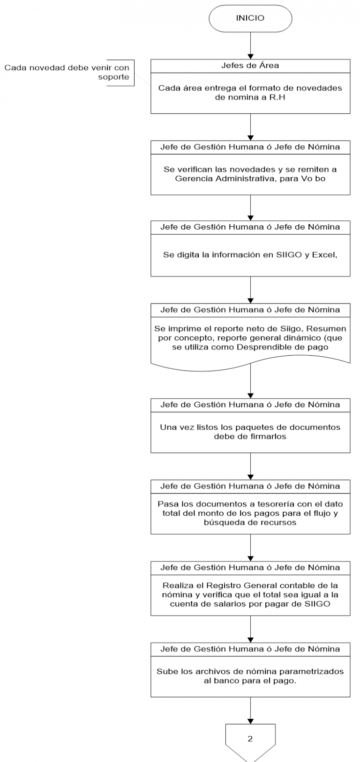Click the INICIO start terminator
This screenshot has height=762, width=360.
click(x=250, y=18)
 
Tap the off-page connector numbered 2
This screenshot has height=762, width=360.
click(x=250, y=743)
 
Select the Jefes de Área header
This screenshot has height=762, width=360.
click(x=250, y=66)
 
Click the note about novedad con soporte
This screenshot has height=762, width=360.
click(x=67, y=72)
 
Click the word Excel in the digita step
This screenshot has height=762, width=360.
click(x=324, y=255)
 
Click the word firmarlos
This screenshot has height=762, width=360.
click(x=267, y=436)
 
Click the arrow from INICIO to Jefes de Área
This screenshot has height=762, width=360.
click(x=250, y=46)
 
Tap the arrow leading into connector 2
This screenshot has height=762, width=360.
click(x=250, y=710)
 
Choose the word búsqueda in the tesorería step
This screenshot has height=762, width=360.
click(x=223, y=522)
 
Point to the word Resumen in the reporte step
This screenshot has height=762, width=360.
click(x=327, y=329)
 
